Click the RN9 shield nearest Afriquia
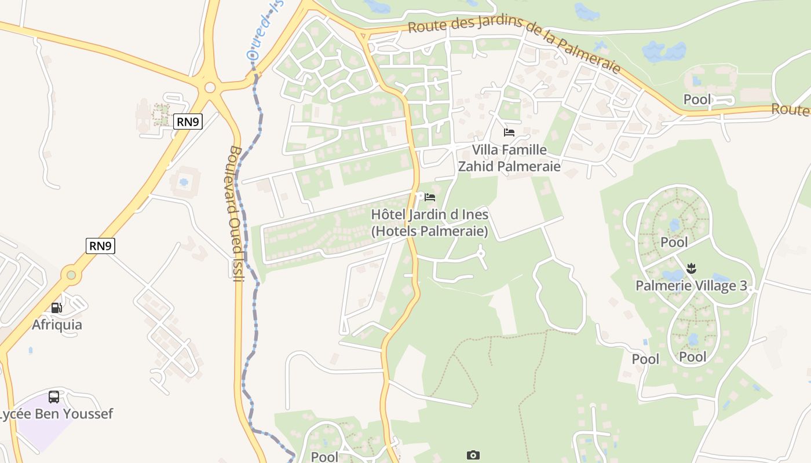tap(100, 245)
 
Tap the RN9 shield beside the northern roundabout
tap(188, 121)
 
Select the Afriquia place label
tap(57, 325)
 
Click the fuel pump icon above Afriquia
tap(56, 308)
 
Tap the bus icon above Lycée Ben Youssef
tap(54, 397)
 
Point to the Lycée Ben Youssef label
tap(56, 414)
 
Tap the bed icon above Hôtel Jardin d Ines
tap(429, 197)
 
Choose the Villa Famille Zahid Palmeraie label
tap(509, 158)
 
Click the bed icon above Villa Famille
tap(509, 133)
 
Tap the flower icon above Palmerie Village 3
tap(691, 268)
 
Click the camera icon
tap(473, 455)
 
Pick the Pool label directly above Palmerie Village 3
tap(674, 242)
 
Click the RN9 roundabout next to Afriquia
tap(71, 275)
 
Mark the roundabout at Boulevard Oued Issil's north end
tap(210, 88)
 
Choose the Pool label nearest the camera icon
tap(324, 457)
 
